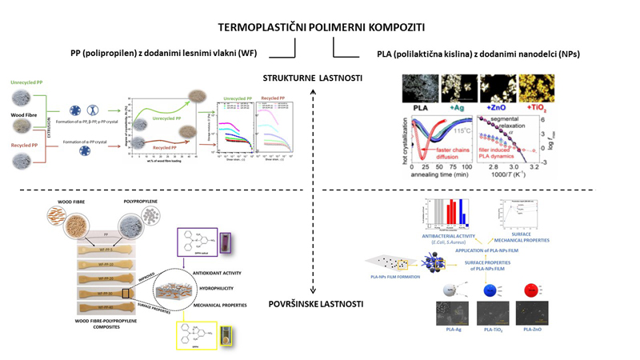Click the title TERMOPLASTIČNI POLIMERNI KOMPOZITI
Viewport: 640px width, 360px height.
click(319, 26)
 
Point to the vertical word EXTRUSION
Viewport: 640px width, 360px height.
click(45, 124)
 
